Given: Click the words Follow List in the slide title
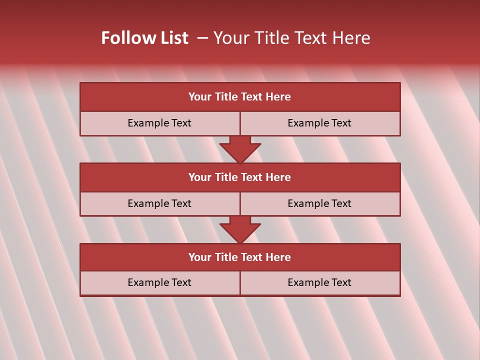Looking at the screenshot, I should tap(144, 38).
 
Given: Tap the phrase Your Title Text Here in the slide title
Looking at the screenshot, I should tap(291, 38).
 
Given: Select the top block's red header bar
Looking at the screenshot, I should tap(240, 97).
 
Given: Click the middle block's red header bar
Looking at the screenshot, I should tap(240, 177).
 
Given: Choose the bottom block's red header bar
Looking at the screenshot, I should tap(240, 257).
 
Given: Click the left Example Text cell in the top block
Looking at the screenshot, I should tap(159, 123).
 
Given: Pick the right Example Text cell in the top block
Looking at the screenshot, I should tap(319, 123).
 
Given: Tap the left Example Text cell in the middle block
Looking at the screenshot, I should tap(159, 203).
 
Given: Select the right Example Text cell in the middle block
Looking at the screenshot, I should tap(319, 203).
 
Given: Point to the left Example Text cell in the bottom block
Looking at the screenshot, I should tap(159, 282).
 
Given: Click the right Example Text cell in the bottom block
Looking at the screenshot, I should tap(319, 282).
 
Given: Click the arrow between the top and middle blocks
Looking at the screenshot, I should tap(240, 149).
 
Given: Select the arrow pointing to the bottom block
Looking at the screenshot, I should tap(240, 229).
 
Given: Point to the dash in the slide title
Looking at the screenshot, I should tap(202, 38).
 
